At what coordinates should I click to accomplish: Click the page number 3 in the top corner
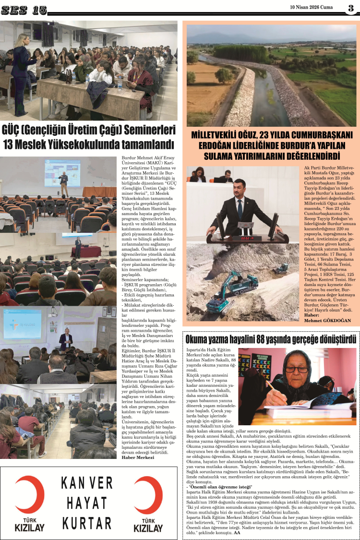351,7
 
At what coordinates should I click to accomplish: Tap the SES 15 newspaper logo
24,9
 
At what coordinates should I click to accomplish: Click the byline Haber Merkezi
138,457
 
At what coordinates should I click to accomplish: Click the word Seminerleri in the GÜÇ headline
144,131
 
